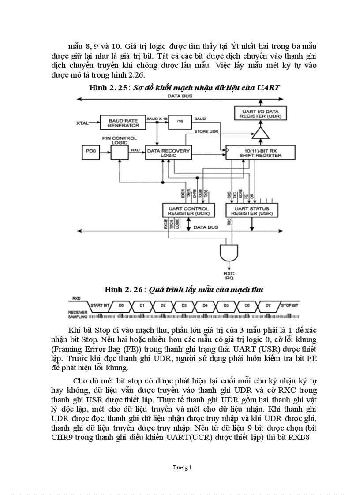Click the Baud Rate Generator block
tap(123, 123)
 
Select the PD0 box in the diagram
tap(89, 153)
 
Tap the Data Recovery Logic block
tap(168, 153)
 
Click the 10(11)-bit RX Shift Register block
tap(253, 153)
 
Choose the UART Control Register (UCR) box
tap(188, 210)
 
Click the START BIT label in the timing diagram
tap(100, 305)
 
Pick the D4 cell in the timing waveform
tap(205, 305)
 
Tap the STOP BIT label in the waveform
tap(289, 305)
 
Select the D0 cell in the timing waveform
tap(121, 305)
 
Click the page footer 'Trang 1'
tap(182, 467)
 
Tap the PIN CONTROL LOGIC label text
tap(114, 140)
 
